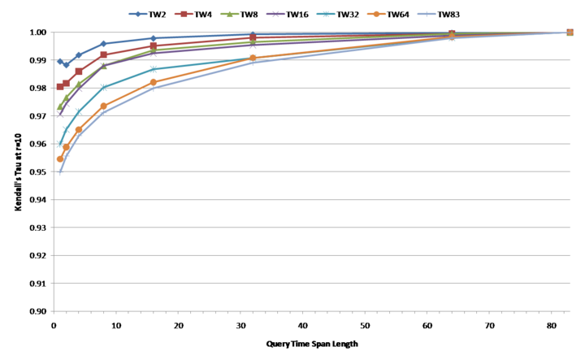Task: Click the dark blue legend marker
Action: tap(138, 14)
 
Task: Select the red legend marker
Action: tap(184, 14)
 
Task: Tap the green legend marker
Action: tap(230, 14)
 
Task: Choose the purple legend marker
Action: tap(276, 14)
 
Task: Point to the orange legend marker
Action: tap(376, 14)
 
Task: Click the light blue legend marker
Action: tap(427, 14)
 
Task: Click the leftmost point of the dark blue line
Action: tap(59, 61)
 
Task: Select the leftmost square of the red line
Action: tap(59, 86)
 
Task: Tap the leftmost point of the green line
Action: tap(59, 106)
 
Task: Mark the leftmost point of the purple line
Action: tap(59, 115)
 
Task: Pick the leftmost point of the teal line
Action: tap(59, 145)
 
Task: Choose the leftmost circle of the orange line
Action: tap(59, 159)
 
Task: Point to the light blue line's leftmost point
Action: tap(59, 172)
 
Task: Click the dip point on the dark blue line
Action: tap(67, 64)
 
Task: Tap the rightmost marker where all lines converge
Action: tap(570, 33)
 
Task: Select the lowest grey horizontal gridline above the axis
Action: tap(309, 283)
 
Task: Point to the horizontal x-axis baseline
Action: tap(309, 310)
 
